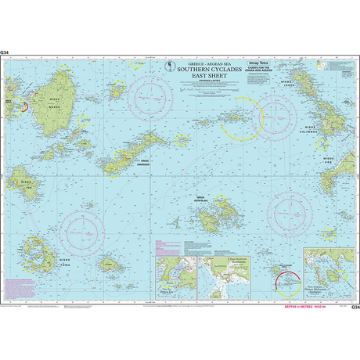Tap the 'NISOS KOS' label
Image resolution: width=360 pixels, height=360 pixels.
pyautogui.click(x=328, y=160)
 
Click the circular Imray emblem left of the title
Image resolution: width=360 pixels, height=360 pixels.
pyautogui.click(x=169, y=62)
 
